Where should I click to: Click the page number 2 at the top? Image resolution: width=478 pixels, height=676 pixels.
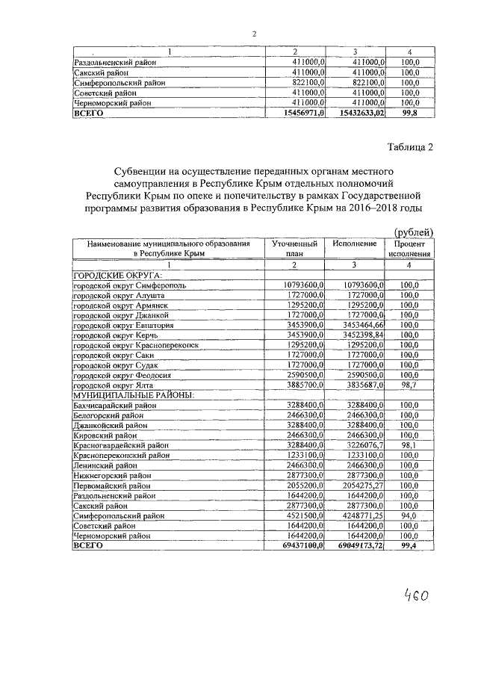tap(254, 34)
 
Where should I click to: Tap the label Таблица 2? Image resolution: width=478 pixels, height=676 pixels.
tap(410, 146)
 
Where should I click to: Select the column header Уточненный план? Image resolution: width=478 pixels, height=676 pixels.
tap(294, 249)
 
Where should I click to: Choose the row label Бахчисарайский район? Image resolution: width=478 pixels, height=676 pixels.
tap(113, 405)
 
